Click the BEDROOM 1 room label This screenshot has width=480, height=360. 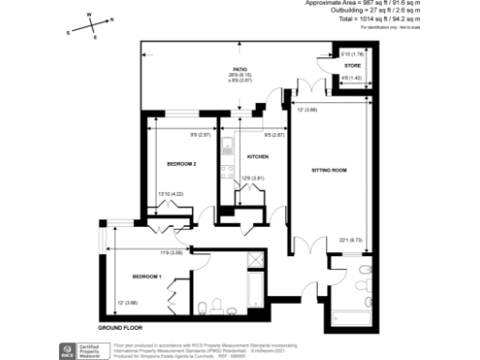point(147,277)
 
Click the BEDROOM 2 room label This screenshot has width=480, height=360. point(181,164)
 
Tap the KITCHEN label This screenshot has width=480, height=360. point(258,157)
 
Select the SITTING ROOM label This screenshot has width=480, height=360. point(329,171)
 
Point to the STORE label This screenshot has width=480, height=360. point(352,67)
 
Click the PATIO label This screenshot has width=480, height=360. point(241,70)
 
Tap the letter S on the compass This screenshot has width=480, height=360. point(68,33)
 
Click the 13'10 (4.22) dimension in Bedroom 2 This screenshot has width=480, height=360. point(169,194)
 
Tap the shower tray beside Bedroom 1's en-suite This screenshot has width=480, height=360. point(254,261)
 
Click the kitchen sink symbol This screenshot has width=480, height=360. point(229,147)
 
